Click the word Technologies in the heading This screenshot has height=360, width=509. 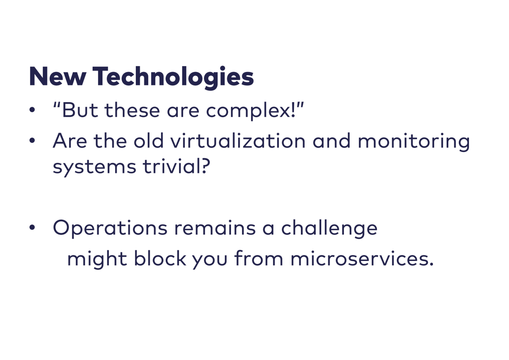[173, 77]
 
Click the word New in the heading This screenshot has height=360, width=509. [58, 76]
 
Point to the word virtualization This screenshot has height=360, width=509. [238, 141]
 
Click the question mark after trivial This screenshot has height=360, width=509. [206, 166]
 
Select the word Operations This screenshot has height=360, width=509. [110, 228]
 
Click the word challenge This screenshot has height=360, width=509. [330, 228]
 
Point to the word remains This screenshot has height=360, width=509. [215, 228]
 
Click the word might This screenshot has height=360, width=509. [97, 260]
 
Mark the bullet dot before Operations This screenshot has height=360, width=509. [32, 227]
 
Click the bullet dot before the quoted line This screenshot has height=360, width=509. [32, 110]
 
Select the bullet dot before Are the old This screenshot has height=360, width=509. [32, 141]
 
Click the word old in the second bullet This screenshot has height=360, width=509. [149, 141]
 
